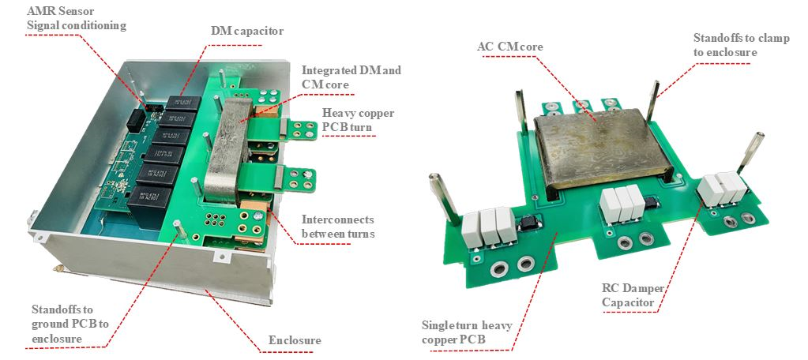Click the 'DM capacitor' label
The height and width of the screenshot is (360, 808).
[x=246, y=32]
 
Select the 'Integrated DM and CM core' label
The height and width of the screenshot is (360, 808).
[x=351, y=77]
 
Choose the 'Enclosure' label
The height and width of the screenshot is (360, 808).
[x=295, y=340]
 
